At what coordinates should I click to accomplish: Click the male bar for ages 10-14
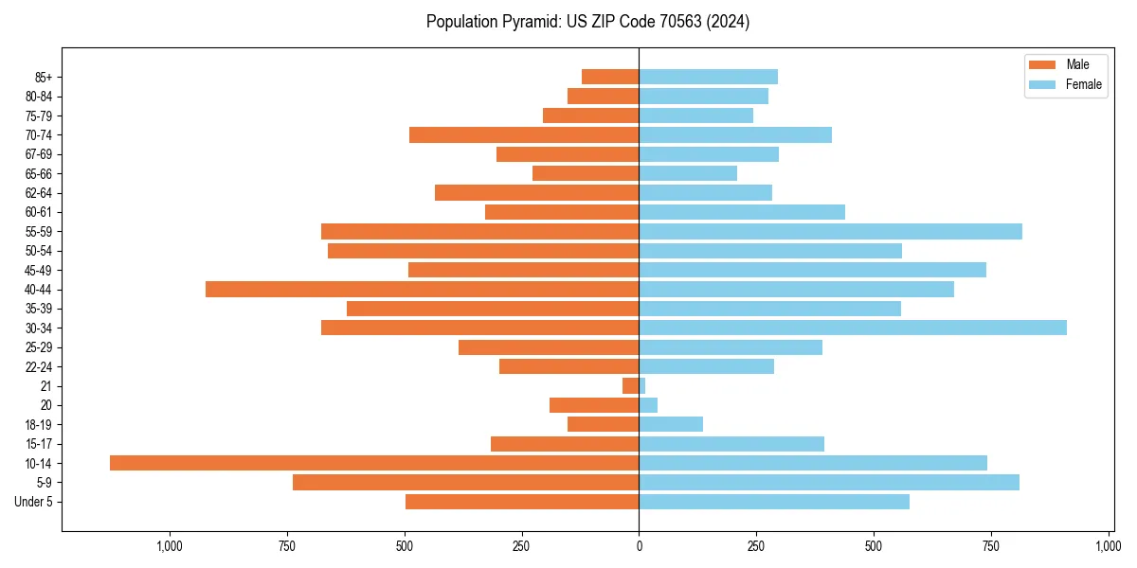pos(374,463)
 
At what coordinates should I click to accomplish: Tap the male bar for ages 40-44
pos(422,289)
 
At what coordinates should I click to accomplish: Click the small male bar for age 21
pos(630,386)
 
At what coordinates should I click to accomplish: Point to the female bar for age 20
pos(648,405)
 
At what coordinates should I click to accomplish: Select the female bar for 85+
pos(708,77)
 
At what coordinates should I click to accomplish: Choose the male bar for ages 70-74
pos(524,134)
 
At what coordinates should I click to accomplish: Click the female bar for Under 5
pos(774,502)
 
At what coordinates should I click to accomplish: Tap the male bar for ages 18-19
pos(603,424)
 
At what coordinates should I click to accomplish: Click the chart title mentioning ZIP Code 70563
pos(587,22)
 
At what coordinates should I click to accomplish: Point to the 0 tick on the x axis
pos(639,546)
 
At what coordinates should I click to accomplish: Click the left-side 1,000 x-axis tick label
pos(170,546)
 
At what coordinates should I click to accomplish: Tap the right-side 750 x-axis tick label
pos(991,546)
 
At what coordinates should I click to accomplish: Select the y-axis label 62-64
pos(38,192)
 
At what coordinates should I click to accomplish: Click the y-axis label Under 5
pos(33,502)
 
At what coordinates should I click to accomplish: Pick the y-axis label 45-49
pos(38,270)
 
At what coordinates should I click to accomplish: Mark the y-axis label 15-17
pos(38,444)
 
